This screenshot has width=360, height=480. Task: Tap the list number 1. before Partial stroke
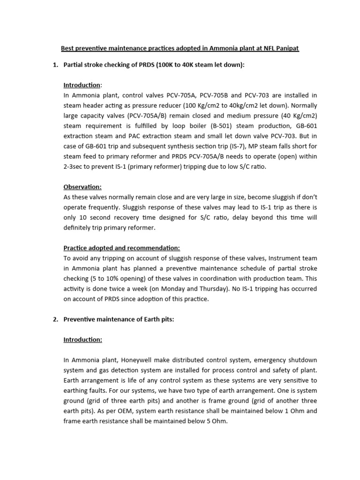pos(55,65)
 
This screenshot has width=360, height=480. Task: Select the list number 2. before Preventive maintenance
pos(55,319)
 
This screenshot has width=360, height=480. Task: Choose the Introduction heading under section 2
pos(82,339)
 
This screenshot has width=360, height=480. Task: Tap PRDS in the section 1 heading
pos(134,65)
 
